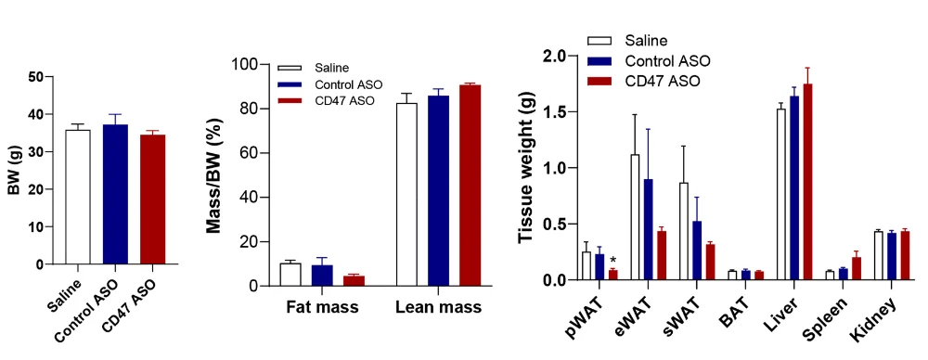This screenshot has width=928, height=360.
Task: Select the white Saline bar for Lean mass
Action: pyautogui.click(x=407, y=195)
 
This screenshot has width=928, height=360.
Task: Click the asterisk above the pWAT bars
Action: pyautogui.click(x=613, y=262)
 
